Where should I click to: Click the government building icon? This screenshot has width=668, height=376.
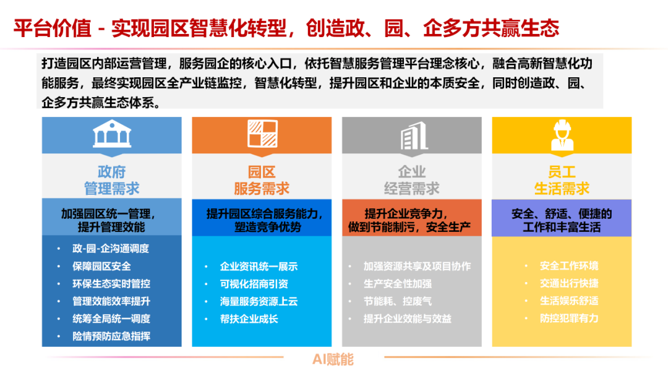[x=112, y=135]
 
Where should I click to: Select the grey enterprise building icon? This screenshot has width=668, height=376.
[x=412, y=135]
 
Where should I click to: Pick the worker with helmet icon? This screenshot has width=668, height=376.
[x=562, y=135]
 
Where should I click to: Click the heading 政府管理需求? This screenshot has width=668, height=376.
[x=112, y=180]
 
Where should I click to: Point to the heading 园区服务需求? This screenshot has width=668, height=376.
[x=262, y=180]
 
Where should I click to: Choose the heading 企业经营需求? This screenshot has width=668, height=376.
[x=412, y=180]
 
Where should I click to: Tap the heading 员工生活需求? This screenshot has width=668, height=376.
[x=562, y=180]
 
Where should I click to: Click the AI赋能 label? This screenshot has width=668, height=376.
[x=333, y=359]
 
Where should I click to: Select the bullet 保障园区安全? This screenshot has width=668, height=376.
[x=101, y=267]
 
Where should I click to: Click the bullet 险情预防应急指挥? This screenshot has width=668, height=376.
[x=111, y=336]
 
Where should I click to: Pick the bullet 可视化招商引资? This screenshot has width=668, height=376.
[x=254, y=284]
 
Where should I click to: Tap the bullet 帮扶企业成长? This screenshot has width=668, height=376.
[x=249, y=319]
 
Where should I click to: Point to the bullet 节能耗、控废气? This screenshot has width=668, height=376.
[x=398, y=301]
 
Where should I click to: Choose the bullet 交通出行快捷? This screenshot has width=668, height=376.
[x=568, y=283]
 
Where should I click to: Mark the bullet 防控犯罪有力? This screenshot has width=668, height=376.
[x=568, y=318]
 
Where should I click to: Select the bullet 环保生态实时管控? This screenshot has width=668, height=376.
[x=111, y=284]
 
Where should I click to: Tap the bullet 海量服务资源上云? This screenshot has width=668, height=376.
[x=259, y=302]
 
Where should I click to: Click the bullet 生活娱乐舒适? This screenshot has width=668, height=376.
[x=568, y=301]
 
